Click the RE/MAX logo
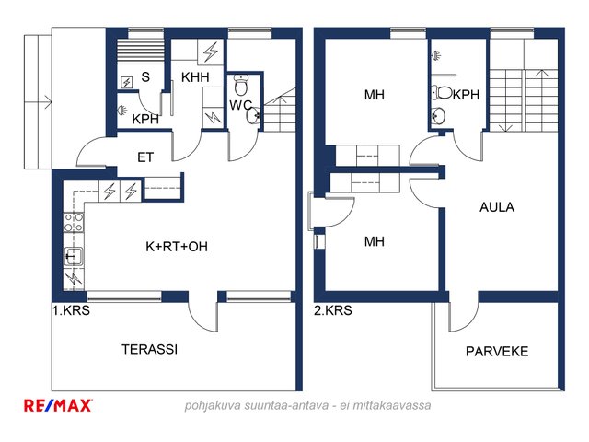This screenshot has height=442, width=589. (58, 405)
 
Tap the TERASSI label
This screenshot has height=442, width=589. (149, 350)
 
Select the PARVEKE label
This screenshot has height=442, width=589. (497, 352)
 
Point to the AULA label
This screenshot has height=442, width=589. (497, 207)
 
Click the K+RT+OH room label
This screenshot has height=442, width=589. (177, 247)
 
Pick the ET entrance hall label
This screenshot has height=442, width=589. (145, 157)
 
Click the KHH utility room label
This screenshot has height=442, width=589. (195, 77)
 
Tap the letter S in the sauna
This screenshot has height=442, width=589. (145, 77)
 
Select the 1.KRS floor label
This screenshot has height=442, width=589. (71, 310)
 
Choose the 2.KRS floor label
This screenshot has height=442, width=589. (333, 310)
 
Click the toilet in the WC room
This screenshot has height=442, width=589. (241, 85)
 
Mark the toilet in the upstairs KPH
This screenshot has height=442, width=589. (442, 92)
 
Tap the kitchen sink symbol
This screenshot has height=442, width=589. (74, 257)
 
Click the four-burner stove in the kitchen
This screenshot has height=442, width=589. (74, 222)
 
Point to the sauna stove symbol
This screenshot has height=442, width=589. (127, 82)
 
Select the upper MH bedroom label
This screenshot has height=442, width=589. (375, 95)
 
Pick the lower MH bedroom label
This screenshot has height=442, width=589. (375, 241)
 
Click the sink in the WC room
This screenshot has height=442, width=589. (253, 115)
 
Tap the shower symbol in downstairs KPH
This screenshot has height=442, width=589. (121, 110)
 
